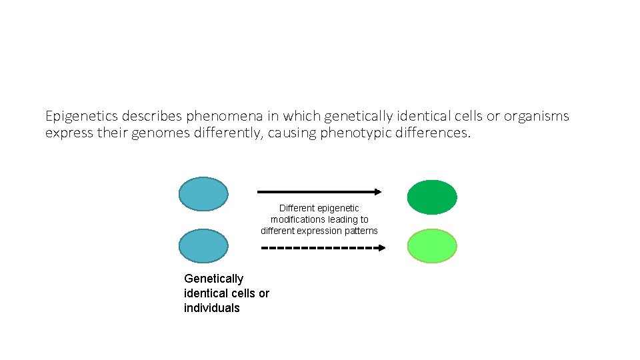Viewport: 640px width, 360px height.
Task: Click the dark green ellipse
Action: pyautogui.click(x=432, y=197)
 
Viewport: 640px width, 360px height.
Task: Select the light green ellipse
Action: pyautogui.click(x=432, y=246)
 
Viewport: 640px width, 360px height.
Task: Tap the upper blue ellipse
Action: pyautogui.click(x=203, y=193)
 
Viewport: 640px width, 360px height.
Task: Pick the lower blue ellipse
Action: pyautogui.click(x=203, y=245)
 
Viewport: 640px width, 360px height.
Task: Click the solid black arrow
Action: pyautogui.click(x=319, y=192)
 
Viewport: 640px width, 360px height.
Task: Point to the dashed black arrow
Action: pyautogui.click(x=323, y=248)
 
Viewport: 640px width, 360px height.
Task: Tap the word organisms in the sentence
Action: pyautogui.click(x=536, y=117)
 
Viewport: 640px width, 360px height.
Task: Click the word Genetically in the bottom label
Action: pyautogui.click(x=213, y=279)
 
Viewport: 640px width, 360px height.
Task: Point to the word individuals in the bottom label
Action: pyautogui.click(x=211, y=308)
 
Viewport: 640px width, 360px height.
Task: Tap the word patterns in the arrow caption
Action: pyautogui.click(x=362, y=231)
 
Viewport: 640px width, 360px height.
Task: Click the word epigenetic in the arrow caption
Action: pyautogui.click(x=339, y=208)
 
